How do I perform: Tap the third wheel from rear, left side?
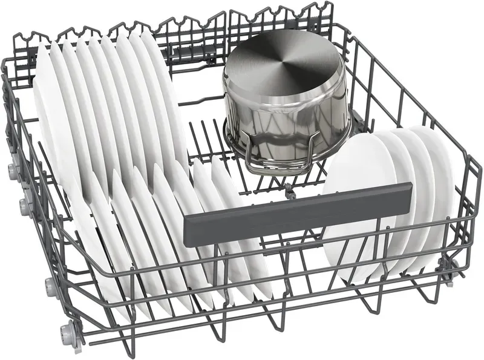pos(51,286)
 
